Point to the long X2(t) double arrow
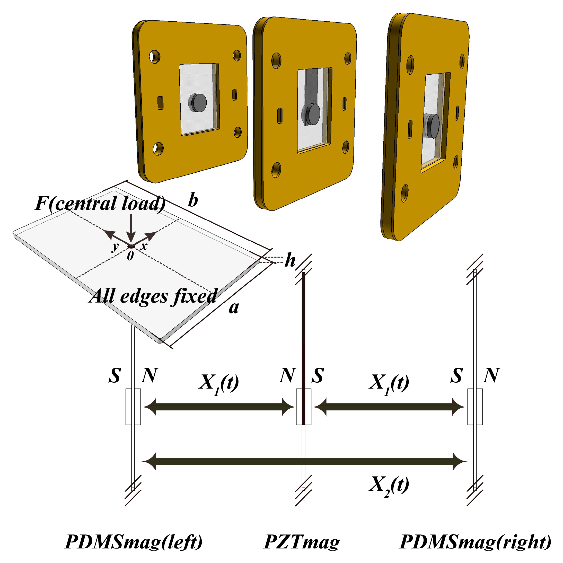click(x=304, y=461)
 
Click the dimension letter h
click(x=290, y=260)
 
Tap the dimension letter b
click(x=193, y=200)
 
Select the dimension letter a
click(x=234, y=307)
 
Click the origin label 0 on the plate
click(x=130, y=256)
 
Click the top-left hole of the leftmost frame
click(x=154, y=57)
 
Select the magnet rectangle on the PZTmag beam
click(x=304, y=407)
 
